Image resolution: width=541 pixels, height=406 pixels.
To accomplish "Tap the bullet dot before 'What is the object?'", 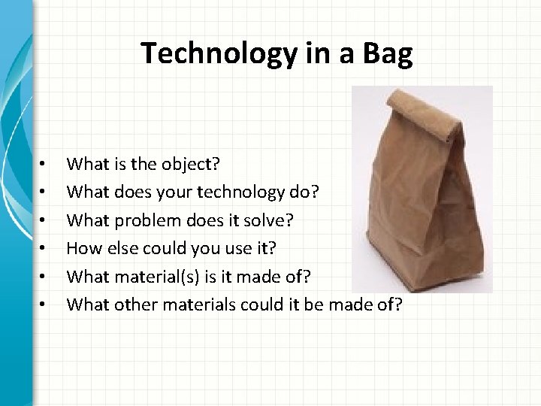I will click(x=45, y=163).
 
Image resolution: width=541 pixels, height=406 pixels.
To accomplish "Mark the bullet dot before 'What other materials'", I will click(x=45, y=306).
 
